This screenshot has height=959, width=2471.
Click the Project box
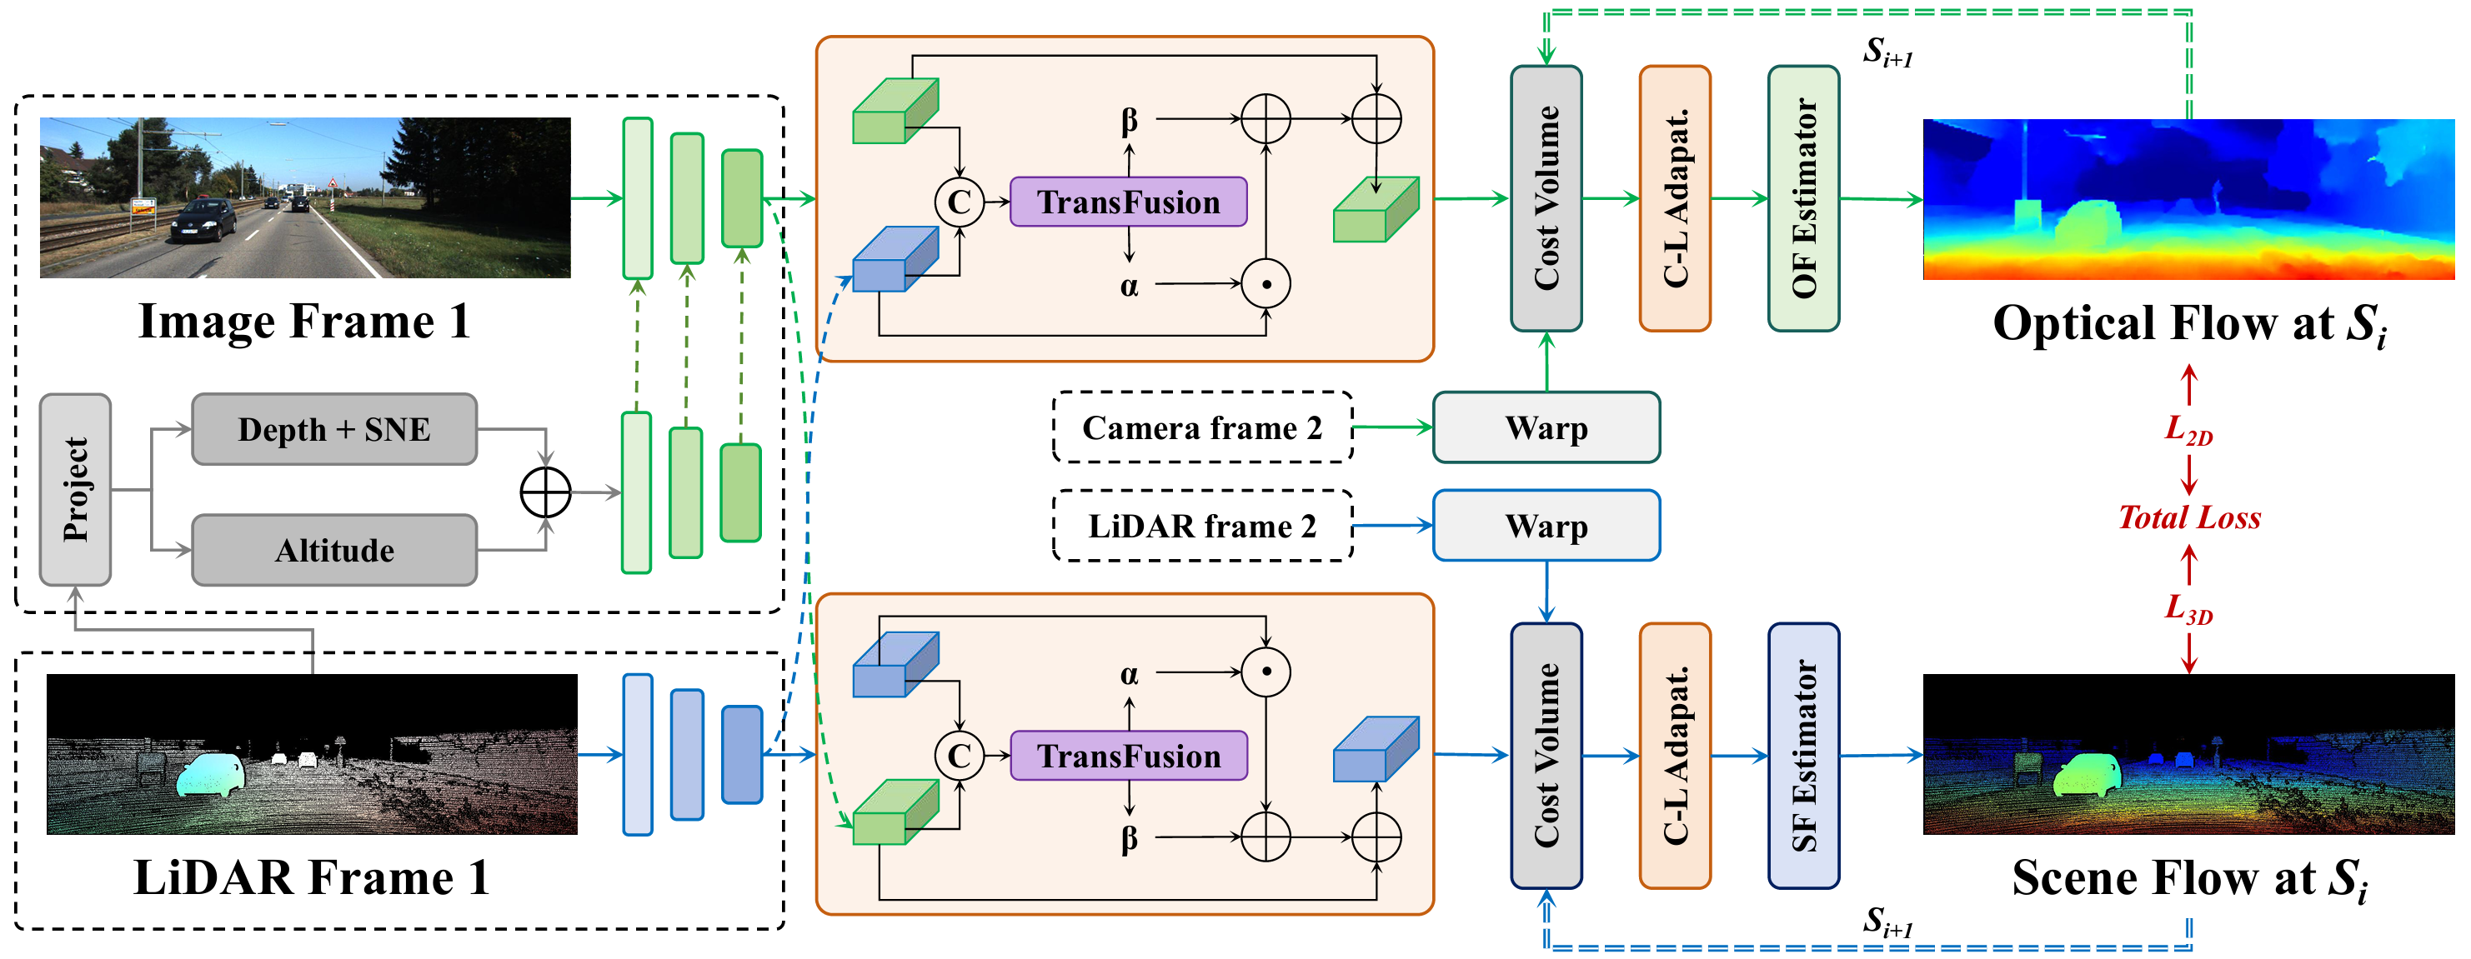click(75, 489)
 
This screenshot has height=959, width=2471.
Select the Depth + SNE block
click(333, 428)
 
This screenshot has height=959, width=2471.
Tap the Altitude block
click(333, 550)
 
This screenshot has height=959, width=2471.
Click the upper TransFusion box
click(1128, 202)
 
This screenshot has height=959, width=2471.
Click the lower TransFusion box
click(1128, 756)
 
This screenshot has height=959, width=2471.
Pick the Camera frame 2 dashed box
click(1202, 427)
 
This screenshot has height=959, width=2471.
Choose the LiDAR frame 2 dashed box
click(1202, 526)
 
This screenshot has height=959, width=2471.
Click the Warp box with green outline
click(1546, 427)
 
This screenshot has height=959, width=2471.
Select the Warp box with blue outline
click(1546, 526)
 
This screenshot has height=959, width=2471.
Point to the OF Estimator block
click(1803, 198)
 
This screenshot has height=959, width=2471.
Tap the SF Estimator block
click(1803, 756)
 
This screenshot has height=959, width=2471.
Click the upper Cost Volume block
click(1546, 198)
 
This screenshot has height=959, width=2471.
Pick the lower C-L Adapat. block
click(1675, 756)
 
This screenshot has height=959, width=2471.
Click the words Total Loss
click(2189, 518)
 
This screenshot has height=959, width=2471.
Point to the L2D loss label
click(2188, 430)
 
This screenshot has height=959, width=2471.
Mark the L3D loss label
click(2188, 608)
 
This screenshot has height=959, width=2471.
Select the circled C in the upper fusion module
click(960, 202)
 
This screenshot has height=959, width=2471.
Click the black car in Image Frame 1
click(203, 222)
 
